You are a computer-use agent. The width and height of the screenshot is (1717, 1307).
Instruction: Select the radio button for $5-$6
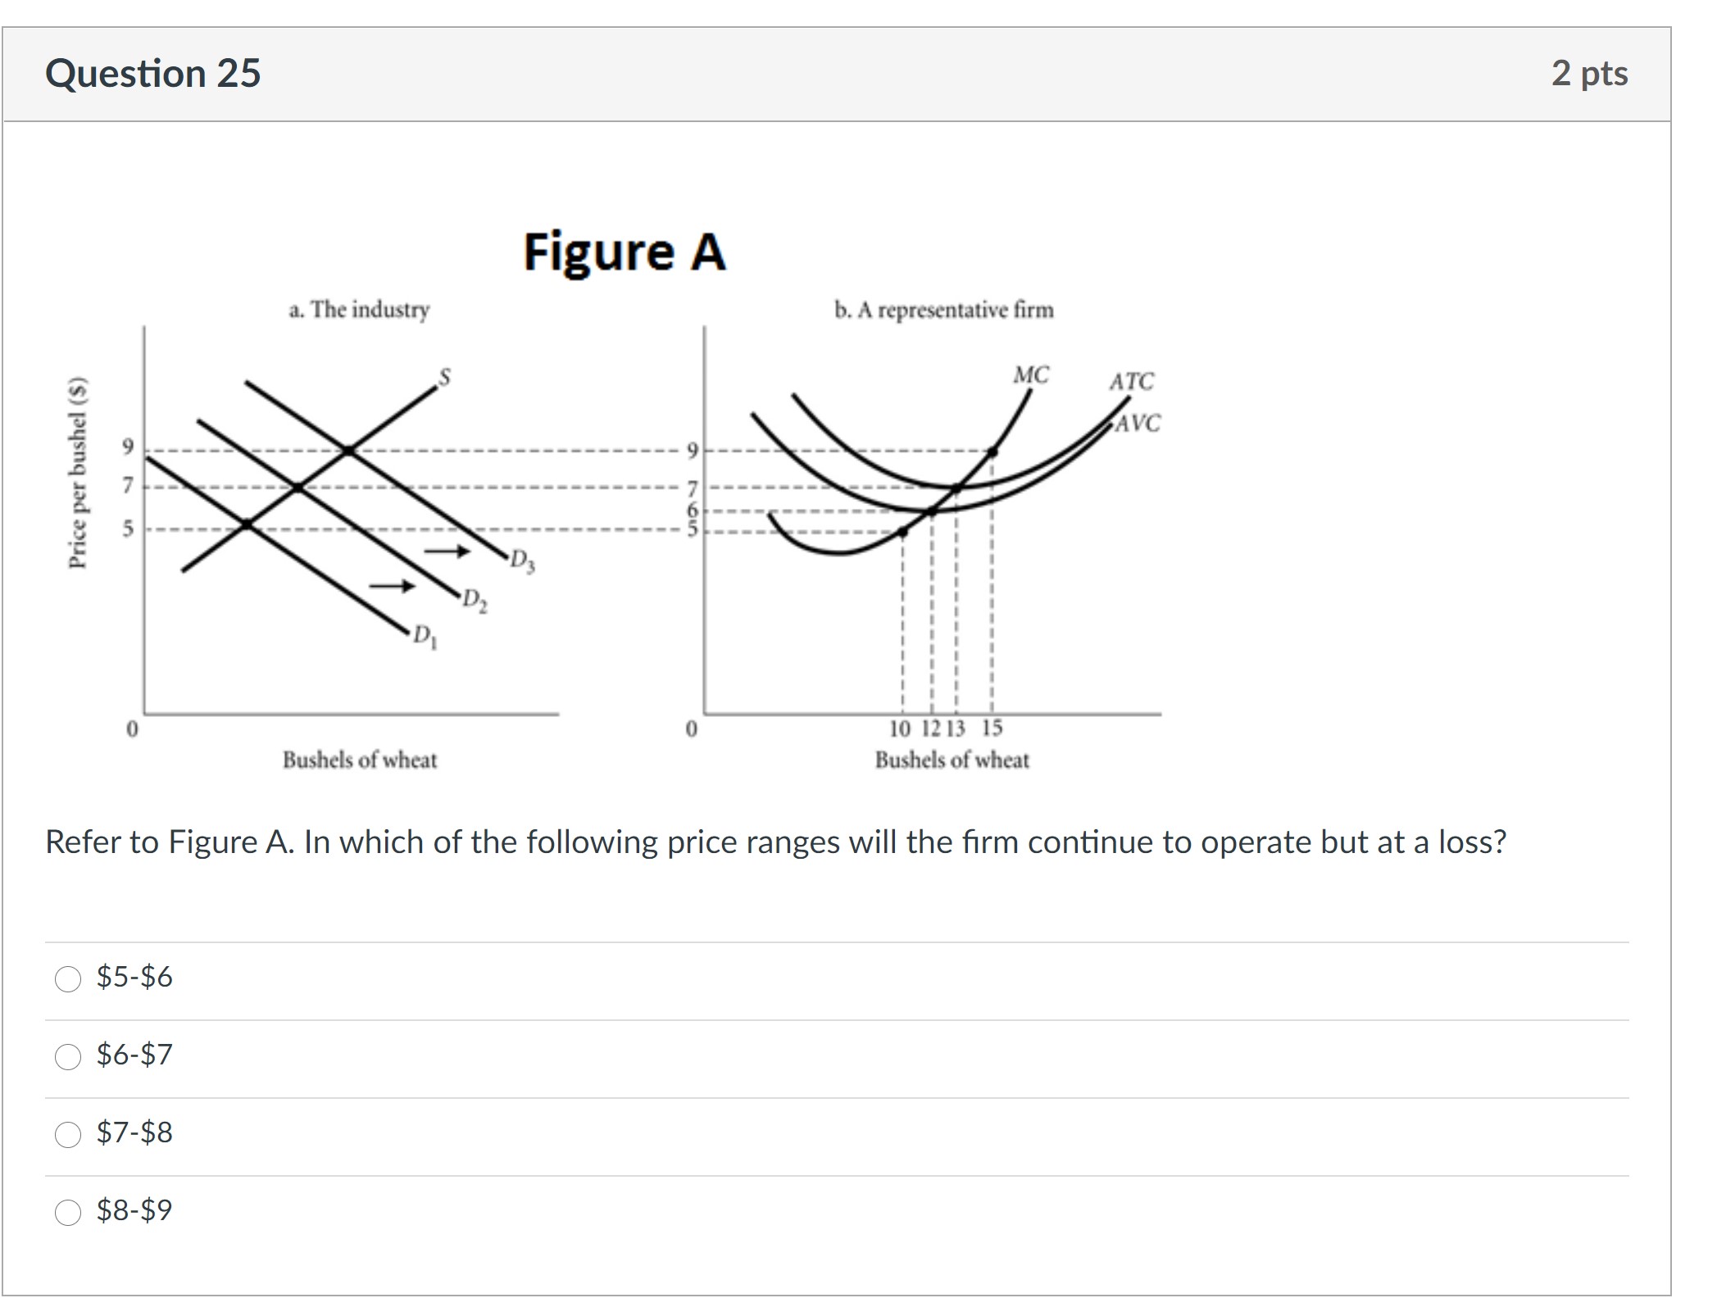(68, 978)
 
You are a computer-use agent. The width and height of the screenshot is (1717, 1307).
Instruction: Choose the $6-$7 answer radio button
(68, 1056)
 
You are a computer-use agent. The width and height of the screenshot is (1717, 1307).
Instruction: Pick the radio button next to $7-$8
(68, 1134)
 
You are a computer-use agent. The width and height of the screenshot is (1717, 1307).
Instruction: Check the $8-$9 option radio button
(68, 1212)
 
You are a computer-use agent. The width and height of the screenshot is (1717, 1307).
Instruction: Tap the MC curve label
(1030, 374)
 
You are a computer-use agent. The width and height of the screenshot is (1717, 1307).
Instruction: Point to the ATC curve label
(1131, 381)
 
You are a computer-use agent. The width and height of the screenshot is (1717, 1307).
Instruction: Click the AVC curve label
(1138, 423)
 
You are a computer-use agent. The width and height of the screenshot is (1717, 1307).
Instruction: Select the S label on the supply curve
(444, 376)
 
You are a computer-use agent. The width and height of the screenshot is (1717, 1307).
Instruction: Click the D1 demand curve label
(425, 636)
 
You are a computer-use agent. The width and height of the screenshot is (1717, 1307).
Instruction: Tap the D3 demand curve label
(522, 561)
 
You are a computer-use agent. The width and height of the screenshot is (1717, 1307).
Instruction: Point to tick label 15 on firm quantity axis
(992, 728)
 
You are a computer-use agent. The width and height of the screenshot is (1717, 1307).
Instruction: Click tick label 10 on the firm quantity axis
(899, 728)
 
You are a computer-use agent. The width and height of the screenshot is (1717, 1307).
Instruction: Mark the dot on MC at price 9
(992, 451)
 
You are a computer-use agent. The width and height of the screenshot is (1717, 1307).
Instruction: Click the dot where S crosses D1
(247, 524)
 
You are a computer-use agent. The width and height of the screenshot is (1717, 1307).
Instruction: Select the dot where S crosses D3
(348, 450)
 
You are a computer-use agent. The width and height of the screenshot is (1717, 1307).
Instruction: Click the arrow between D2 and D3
(447, 551)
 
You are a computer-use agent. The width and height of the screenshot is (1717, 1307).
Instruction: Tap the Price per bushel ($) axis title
(77, 472)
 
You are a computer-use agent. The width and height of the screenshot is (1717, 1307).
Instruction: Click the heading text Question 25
(152, 73)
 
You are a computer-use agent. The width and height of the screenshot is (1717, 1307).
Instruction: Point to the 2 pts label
(1588, 73)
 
